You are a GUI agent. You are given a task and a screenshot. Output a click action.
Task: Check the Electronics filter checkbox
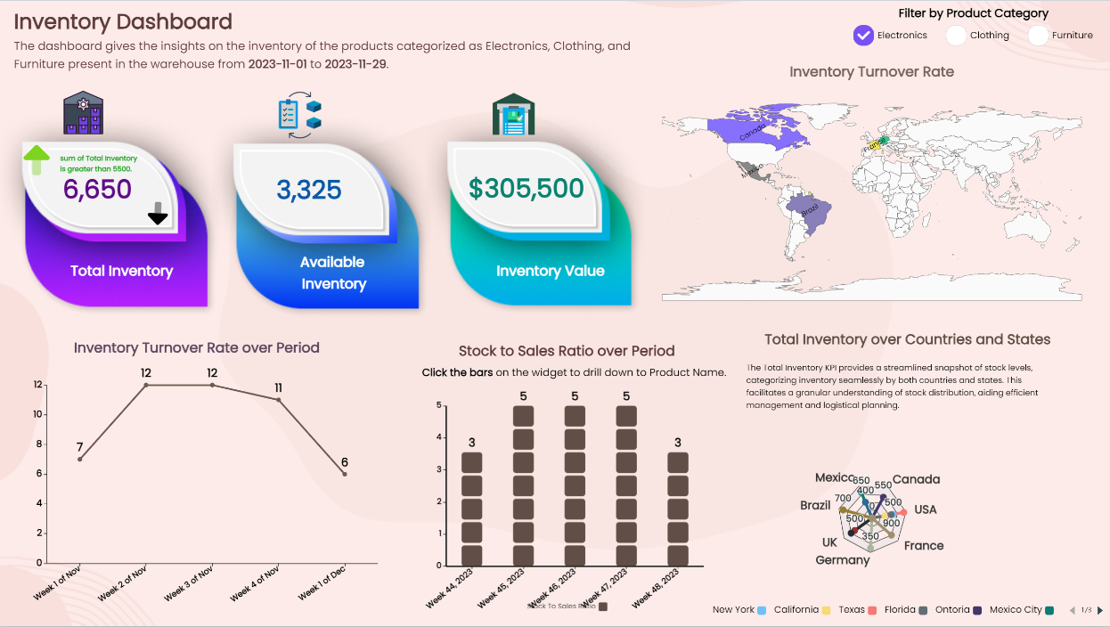click(863, 36)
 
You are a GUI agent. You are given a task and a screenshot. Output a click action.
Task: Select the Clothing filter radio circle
click(956, 36)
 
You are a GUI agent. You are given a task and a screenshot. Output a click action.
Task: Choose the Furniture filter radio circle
click(1038, 36)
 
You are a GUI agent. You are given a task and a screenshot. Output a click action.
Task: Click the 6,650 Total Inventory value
click(97, 189)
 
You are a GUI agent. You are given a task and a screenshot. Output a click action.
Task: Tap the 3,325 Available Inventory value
click(309, 190)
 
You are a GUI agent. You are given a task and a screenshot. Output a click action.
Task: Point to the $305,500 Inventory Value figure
click(526, 189)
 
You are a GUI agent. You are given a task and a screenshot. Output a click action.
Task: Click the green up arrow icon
click(37, 159)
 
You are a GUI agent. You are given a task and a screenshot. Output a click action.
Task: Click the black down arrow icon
click(158, 214)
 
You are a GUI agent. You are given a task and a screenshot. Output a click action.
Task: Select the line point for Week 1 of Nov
click(80, 459)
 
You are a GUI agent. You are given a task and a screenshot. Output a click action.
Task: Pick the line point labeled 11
click(279, 400)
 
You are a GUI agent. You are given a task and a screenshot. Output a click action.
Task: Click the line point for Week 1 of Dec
click(345, 474)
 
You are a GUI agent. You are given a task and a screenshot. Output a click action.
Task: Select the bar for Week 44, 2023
click(472, 509)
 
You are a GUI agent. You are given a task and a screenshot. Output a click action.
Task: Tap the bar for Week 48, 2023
click(678, 509)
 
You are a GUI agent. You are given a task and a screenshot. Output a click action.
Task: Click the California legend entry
click(802, 610)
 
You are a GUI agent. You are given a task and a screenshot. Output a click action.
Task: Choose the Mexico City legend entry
click(1021, 610)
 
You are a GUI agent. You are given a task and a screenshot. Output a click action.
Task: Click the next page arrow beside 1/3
click(1100, 610)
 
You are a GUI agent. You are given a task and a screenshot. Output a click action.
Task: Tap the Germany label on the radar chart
click(842, 560)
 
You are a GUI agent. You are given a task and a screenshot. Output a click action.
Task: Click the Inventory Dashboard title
click(123, 22)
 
